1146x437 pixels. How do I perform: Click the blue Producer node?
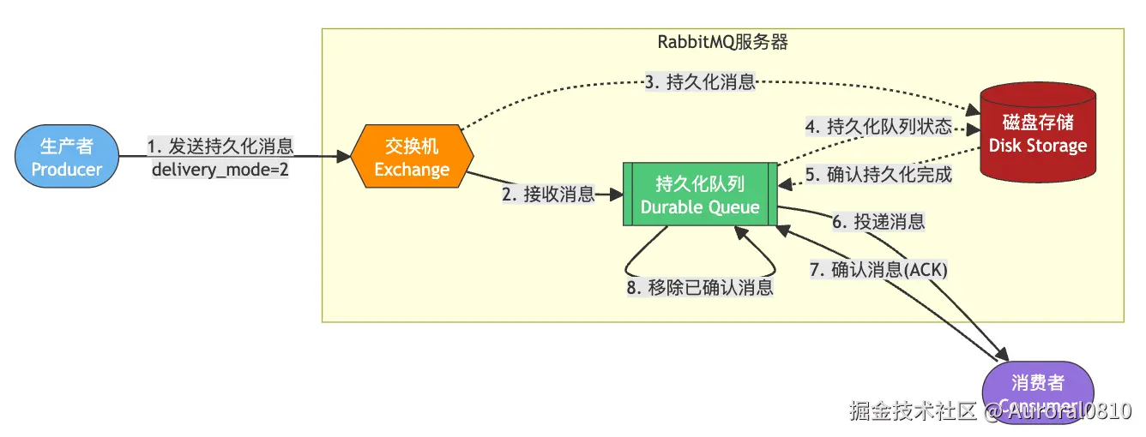point(67,158)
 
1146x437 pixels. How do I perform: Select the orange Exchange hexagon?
point(412,158)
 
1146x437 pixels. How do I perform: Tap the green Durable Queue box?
point(700,195)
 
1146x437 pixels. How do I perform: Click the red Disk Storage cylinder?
point(1037,133)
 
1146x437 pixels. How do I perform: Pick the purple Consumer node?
point(1037,392)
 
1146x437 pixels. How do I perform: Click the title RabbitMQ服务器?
point(722,41)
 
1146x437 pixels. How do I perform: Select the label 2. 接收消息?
point(548,195)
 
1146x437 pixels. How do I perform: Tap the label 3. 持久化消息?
point(700,82)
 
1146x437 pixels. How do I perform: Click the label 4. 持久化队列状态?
point(878,128)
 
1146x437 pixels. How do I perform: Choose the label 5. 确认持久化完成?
point(878,175)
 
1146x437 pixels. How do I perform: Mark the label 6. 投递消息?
point(878,221)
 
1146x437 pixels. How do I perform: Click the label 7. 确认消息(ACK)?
point(878,269)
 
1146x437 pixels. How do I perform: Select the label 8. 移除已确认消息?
point(700,287)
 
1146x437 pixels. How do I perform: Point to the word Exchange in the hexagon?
point(412,169)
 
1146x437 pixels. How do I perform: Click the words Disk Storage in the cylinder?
point(1037,146)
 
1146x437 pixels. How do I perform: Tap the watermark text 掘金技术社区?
point(913,411)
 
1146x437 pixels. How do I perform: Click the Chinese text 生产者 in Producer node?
point(67,147)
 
